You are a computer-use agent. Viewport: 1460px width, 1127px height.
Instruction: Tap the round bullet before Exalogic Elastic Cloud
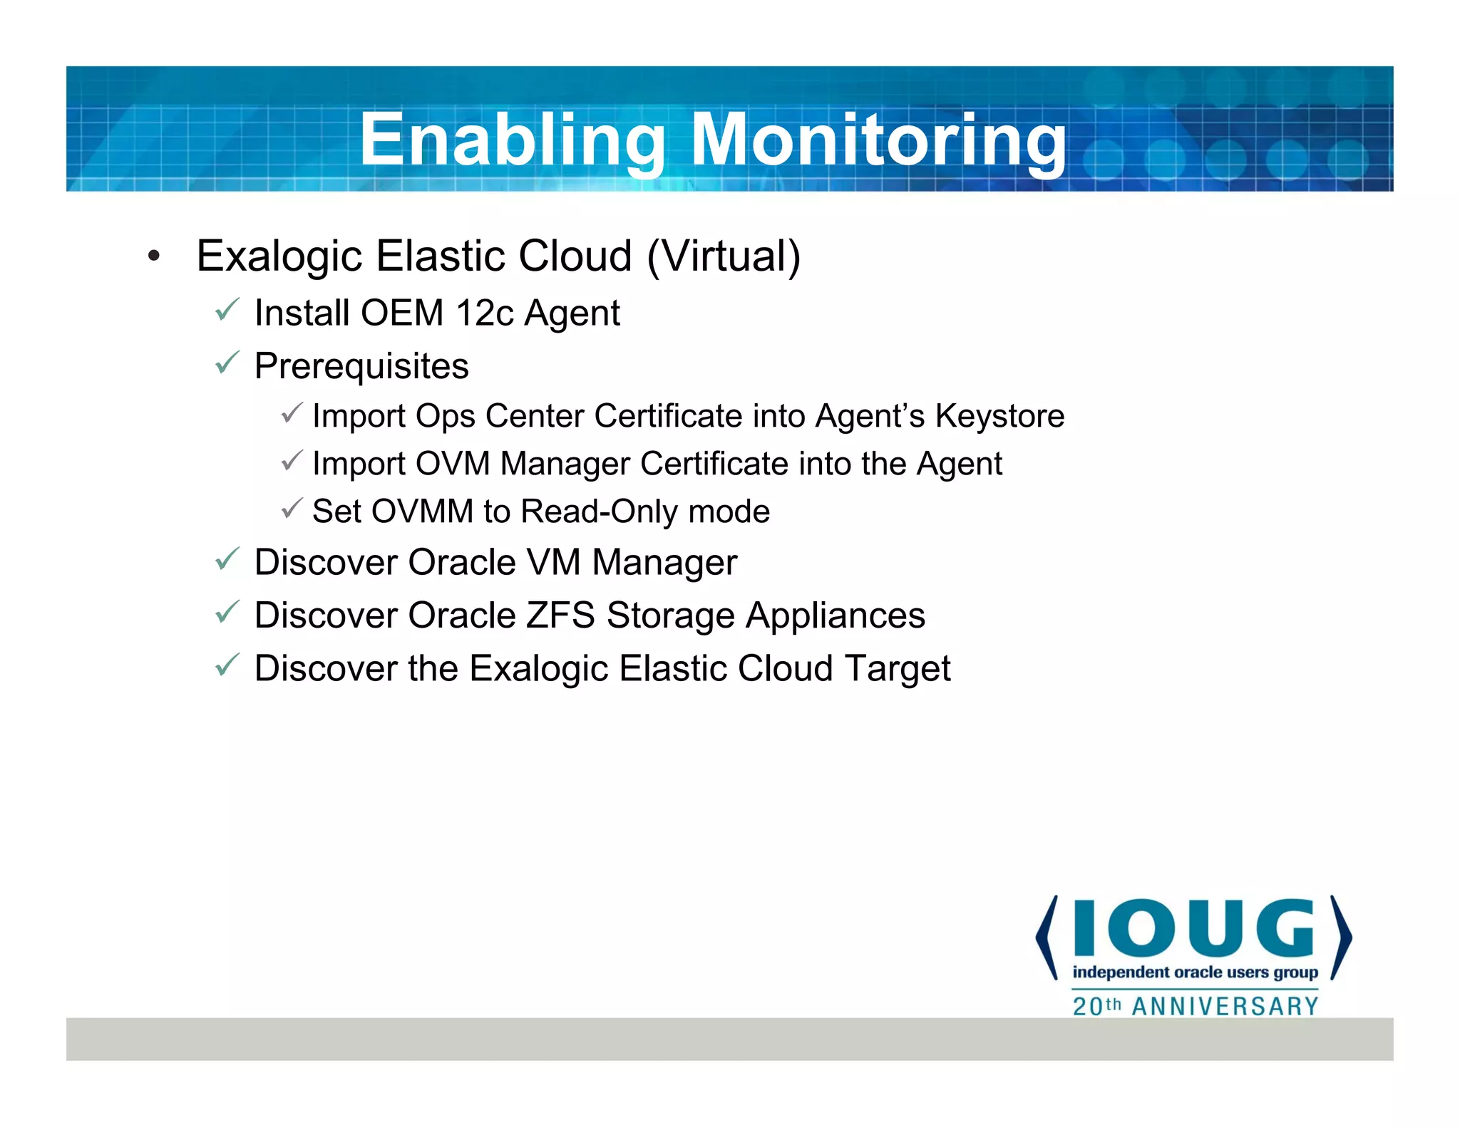click(x=154, y=256)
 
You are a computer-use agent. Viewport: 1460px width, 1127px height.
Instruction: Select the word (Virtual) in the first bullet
click(x=724, y=256)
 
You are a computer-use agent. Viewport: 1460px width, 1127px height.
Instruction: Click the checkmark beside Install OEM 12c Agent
click(x=227, y=310)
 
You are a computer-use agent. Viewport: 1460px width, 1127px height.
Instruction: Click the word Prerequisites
click(x=361, y=366)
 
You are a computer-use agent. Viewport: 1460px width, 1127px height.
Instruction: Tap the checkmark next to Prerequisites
click(x=227, y=363)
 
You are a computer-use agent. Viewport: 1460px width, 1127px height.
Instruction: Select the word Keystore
click(x=999, y=416)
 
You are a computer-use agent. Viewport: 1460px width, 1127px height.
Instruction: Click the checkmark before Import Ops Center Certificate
click(x=292, y=412)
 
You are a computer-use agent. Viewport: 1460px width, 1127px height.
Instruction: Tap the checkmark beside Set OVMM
click(x=292, y=508)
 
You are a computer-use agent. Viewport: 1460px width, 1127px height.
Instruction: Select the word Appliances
click(x=835, y=616)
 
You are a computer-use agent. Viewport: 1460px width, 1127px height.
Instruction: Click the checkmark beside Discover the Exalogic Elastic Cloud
click(x=227, y=665)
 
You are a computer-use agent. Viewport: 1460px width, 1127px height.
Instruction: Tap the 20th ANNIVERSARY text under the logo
click(x=1196, y=1006)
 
